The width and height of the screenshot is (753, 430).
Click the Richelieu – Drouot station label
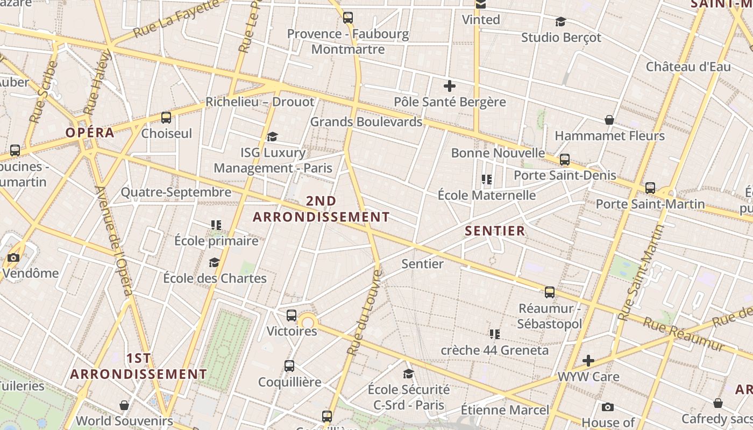[x=260, y=102]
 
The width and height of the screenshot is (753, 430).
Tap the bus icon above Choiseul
[x=166, y=117]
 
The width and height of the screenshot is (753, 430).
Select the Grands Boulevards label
[x=366, y=121]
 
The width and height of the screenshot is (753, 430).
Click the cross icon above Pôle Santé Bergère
[x=450, y=86]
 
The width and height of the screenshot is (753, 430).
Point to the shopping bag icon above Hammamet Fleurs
[x=609, y=120]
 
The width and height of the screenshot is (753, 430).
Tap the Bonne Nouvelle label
[x=498, y=153]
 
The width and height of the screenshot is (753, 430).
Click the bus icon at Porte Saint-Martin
[x=650, y=188]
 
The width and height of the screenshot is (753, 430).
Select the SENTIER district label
[x=495, y=231]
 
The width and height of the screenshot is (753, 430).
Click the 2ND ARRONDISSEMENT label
[x=321, y=209]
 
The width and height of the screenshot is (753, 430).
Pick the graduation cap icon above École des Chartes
[x=214, y=262]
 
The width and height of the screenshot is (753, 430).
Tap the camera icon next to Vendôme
[x=13, y=258]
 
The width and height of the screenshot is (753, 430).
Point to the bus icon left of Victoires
[x=292, y=316]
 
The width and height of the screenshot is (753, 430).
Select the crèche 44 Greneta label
[x=495, y=350]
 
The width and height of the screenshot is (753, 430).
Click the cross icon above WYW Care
[x=588, y=360]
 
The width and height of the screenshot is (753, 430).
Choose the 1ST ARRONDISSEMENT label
[x=138, y=366]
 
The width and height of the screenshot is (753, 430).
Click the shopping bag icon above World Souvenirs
[x=124, y=405]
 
